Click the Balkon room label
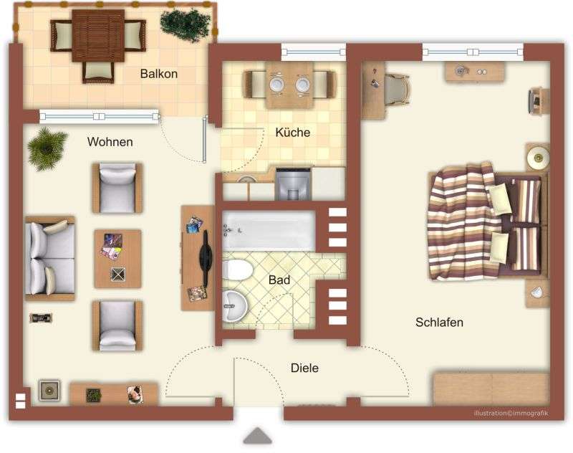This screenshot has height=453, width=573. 158,74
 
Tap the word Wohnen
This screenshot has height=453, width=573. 110,142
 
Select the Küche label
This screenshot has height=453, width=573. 292,132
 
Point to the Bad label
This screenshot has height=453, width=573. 279,280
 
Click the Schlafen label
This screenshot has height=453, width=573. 439,323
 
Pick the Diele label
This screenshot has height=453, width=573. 304,368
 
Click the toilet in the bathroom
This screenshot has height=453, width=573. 237,270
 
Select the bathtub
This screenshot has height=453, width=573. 269,230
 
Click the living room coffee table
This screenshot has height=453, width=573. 117,258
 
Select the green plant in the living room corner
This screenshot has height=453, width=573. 48,148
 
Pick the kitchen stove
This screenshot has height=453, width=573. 293,183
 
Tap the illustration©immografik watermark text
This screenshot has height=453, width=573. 510,413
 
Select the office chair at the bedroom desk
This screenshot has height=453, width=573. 396,89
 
